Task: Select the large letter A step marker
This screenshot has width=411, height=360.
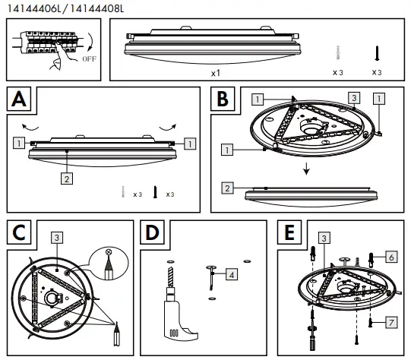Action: (22, 99)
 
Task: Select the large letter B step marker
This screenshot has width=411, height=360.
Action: (222, 99)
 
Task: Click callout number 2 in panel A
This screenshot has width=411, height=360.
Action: (66, 179)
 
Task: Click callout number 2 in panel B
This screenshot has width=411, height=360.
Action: (226, 188)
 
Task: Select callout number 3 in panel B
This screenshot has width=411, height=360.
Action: (353, 98)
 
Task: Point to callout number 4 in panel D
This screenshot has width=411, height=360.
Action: (231, 274)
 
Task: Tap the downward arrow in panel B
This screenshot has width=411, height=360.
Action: (306, 169)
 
